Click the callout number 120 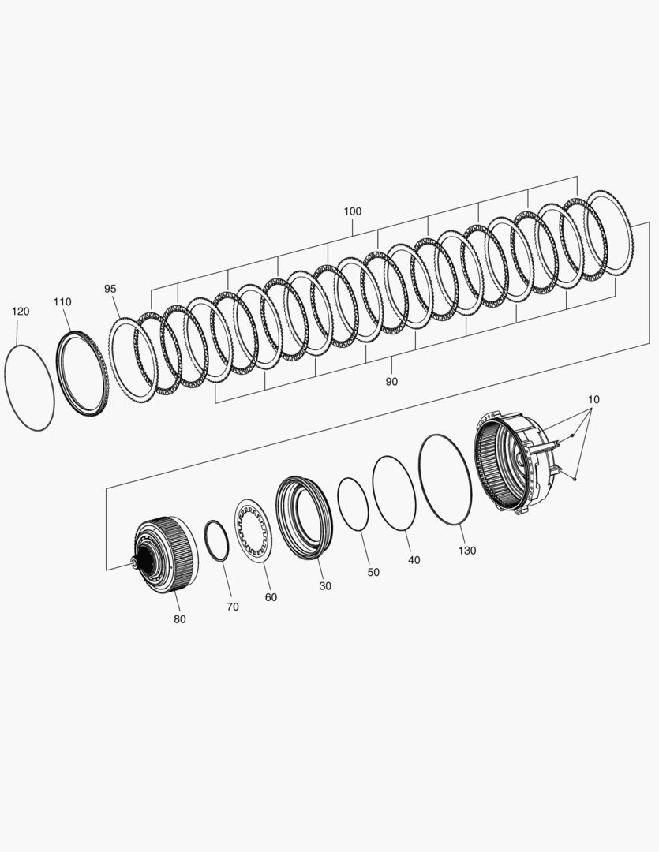pyautogui.click(x=21, y=312)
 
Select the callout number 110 pyautogui.click(x=62, y=301)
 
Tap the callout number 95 pyautogui.click(x=110, y=289)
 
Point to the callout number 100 pyautogui.click(x=352, y=211)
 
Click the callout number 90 pyautogui.click(x=391, y=382)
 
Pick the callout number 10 pyautogui.click(x=593, y=399)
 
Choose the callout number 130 pyautogui.click(x=467, y=551)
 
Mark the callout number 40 pyautogui.click(x=414, y=559)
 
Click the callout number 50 pyautogui.click(x=373, y=572)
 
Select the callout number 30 pyautogui.click(x=325, y=585)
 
